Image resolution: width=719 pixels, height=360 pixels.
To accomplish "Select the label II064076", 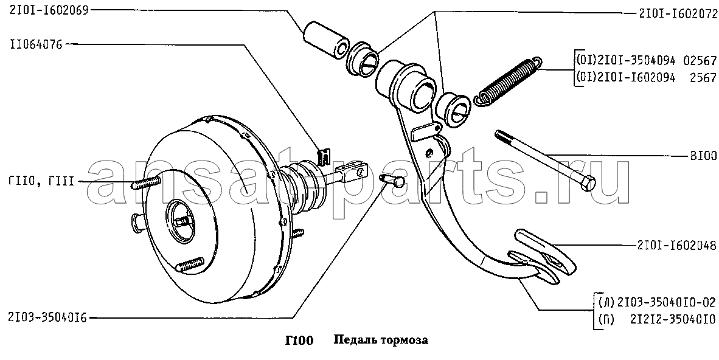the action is (x=35, y=45).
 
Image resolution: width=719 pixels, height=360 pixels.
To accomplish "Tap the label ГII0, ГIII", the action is (x=41, y=182).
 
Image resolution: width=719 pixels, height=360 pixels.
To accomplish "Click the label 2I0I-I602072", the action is (x=677, y=14).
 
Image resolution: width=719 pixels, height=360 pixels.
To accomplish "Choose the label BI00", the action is (x=703, y=156).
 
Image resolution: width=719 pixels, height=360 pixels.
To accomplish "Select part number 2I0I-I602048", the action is (x=676, y=246).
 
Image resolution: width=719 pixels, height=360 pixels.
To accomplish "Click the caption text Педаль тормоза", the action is (x=381, y=341).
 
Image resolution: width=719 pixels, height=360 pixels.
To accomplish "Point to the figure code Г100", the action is (x=299, y=341).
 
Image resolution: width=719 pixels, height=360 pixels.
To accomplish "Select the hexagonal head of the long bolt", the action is (x=589, y=184).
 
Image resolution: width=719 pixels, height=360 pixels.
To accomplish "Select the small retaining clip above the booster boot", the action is (x=325, y=154).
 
